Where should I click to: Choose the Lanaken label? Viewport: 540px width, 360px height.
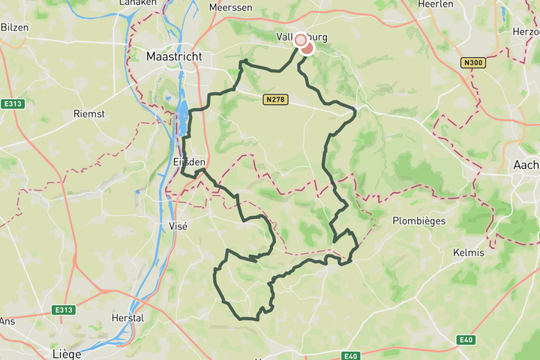[x=138, y=3]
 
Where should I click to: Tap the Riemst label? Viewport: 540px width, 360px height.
[x=88, y=114]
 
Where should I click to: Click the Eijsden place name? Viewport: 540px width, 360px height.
[x=189, y=162]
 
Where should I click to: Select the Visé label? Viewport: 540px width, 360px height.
[x=178, y=225]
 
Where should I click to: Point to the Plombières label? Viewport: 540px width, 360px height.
[x=419, y=220]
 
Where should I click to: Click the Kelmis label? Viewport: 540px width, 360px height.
[x=469, y=253]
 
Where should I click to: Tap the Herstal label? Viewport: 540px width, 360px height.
[x=126, y=318]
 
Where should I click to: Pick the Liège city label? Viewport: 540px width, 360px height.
[x=66, y=352]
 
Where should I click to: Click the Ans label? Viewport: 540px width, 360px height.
[x=7, y=321]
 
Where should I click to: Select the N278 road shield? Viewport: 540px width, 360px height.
[x=275, y=98]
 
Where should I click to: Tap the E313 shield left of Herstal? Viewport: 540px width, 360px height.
[x=64, y=310]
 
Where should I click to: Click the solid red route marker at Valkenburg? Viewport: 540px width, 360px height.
[x=307, y=47]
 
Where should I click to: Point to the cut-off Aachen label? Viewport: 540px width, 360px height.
[x=528, y=164]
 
